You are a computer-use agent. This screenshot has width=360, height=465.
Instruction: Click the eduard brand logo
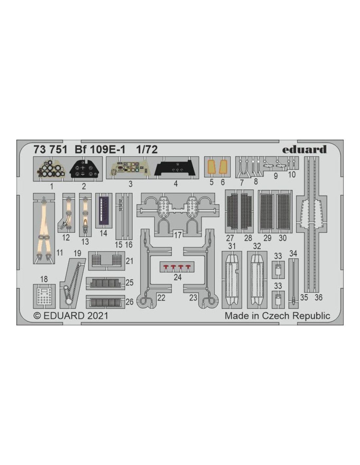coord(304,149)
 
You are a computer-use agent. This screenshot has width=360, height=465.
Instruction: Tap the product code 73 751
coord(50,150)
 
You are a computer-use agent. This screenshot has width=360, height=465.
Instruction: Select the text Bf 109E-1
coord(100,150)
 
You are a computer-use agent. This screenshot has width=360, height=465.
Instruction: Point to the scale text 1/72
coord(147,150)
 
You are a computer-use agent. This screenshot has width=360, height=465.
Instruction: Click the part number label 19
coord(77,253)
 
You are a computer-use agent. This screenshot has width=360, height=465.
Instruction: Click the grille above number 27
coord(232,211)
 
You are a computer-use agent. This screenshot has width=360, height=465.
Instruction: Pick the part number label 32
coord(257,246)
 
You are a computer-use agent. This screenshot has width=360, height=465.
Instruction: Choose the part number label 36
coord(318,297)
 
